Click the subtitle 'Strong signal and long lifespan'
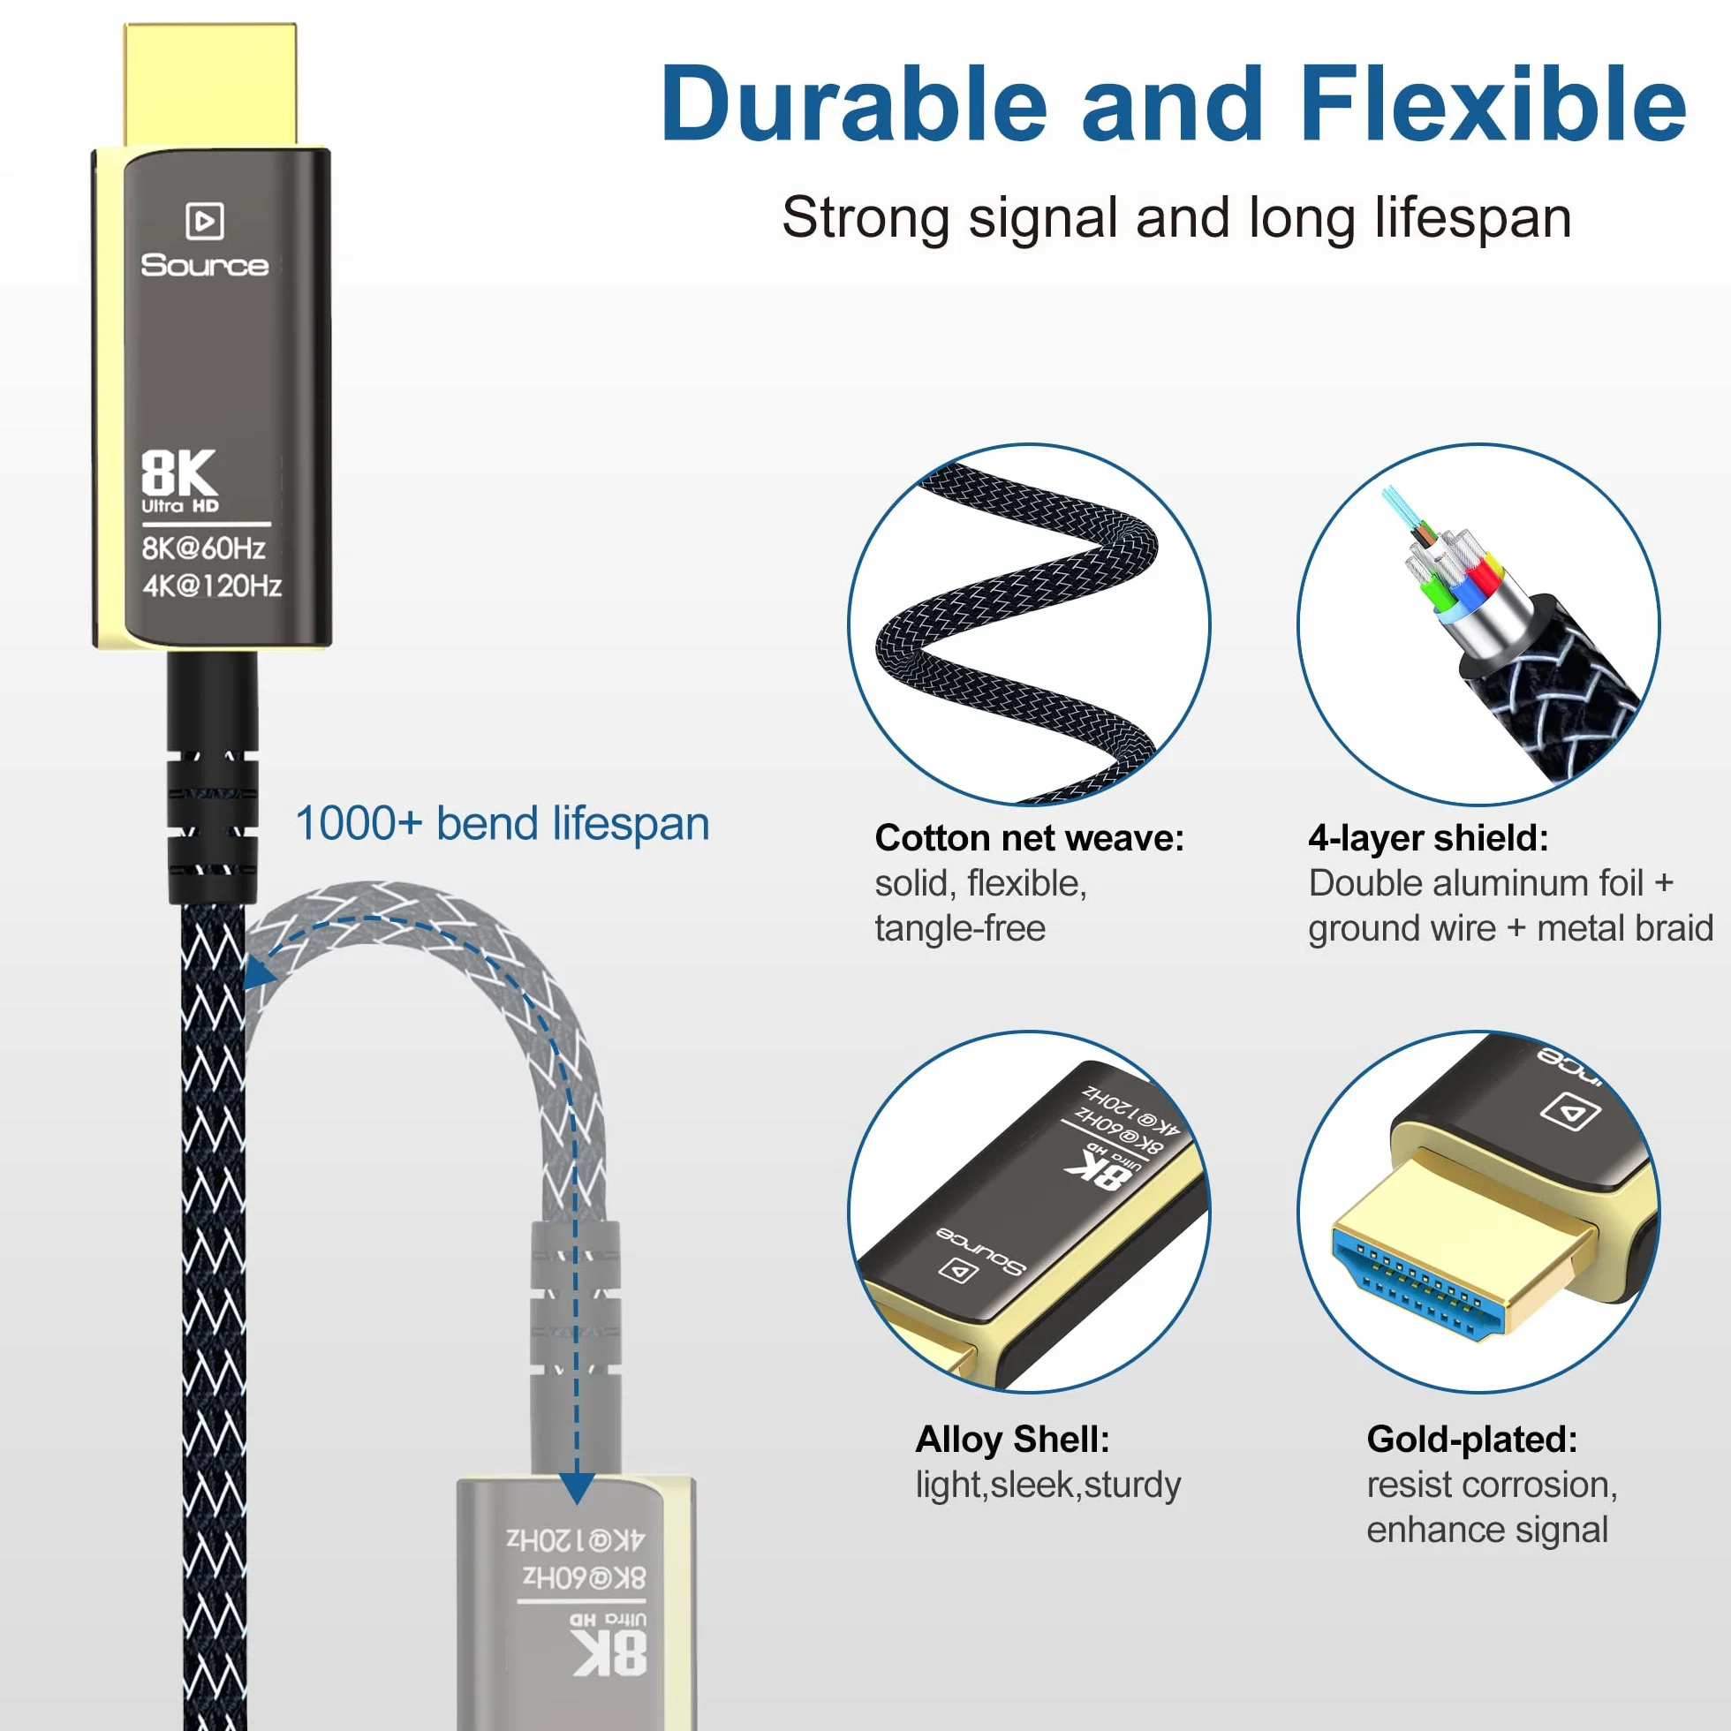click(1176, 219)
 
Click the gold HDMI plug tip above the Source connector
click(210, 85)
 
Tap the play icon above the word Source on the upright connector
click(204, 221)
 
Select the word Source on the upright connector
click(205, 265)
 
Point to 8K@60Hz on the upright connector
click(203, 548)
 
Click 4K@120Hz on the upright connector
click(212, 586)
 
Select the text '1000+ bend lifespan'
click(503, 823)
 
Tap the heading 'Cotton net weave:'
click(1030, 839)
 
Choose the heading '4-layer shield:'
click(1428, 839)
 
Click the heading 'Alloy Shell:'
click(1012, 1440)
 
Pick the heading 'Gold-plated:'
click(1472, 1439)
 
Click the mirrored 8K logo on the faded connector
click(609, 1652)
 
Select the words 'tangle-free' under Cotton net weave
click(961, 928)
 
